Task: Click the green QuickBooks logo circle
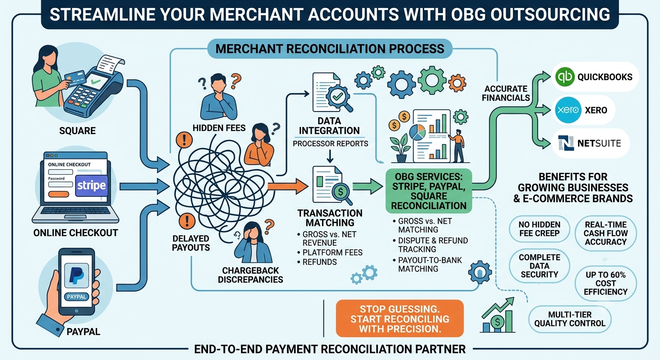565,76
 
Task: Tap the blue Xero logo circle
568,110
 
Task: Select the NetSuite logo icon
566,143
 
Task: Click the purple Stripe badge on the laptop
91,186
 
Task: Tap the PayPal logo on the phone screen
76,275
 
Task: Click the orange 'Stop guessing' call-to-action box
400,318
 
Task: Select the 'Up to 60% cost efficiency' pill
606,283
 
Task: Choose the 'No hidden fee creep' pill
539,229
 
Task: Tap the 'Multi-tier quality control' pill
570,319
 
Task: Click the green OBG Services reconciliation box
429,191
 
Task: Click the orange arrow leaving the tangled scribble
287,186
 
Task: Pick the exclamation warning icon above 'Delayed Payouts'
187,221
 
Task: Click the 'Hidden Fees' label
219,128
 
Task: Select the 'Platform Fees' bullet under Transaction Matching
332,253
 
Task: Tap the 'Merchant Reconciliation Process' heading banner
330,49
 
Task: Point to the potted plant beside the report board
400,148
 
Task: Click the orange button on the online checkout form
58,194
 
